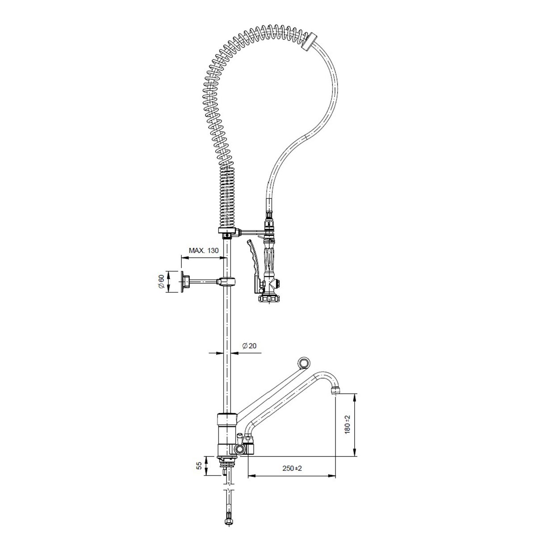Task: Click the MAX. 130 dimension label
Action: pyautogui.click(x=204, y=250)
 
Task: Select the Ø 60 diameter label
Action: pyautogui.click(x=161, y=281)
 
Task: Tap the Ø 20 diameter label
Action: pyautogui.click(x=249, y=346)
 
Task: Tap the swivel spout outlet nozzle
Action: pyautogui.click(x=335, y=390)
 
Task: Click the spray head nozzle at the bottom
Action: pyautogui.click(x=269, y=299)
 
